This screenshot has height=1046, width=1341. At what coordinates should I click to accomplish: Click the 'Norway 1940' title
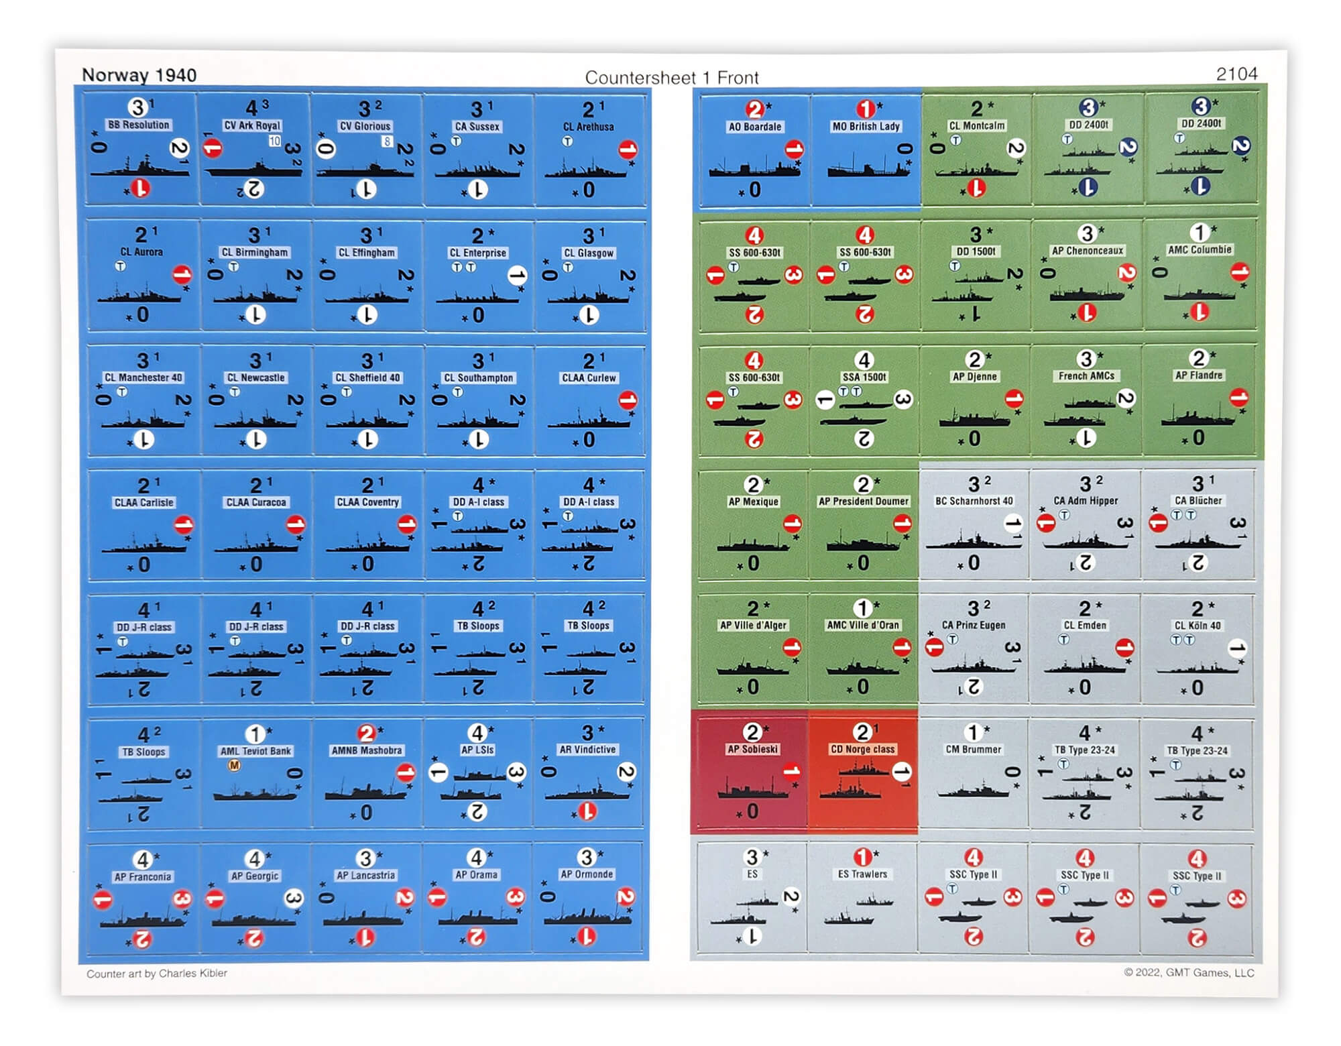139,75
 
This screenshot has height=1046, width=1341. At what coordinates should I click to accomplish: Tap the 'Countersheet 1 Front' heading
671,78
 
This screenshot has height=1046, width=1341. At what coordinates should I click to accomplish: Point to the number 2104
1236,74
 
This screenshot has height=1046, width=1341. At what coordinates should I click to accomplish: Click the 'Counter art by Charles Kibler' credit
157,973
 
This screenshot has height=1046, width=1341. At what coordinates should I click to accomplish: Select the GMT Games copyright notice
1189,972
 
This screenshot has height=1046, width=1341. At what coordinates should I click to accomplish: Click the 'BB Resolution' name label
139,125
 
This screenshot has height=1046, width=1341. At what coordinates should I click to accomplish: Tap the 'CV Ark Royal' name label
252,125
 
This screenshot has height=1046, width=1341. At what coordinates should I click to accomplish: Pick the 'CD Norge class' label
862,749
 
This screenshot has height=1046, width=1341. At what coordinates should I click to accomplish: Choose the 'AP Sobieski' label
752,749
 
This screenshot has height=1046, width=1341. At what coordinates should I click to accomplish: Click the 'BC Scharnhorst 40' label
974,501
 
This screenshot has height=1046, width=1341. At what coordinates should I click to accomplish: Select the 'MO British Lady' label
866,126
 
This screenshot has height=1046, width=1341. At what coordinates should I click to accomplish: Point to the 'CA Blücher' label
1198,500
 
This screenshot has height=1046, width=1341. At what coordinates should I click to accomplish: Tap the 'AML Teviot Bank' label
255,751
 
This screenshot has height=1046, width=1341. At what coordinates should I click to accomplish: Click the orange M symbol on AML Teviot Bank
234,765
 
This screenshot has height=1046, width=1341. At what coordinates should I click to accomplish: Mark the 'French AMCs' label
1086,376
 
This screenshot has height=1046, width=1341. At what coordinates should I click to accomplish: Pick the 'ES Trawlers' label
862,874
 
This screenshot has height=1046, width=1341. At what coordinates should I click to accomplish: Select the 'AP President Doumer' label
864,501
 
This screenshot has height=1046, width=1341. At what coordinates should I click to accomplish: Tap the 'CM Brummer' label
974,749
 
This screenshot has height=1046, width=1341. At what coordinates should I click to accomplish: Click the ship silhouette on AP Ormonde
587,915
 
